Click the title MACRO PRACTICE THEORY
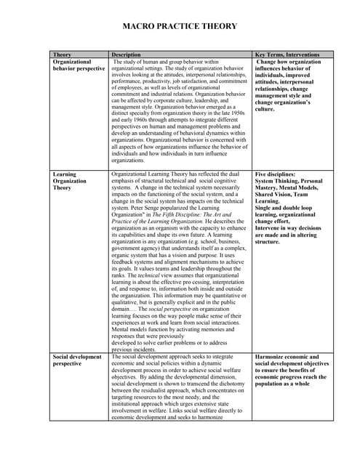pyautogui.click(x=180, y=26)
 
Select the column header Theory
pyautogui.click(x=63, y=54)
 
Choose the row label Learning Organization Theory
pyautogui.click(x=70, y=181)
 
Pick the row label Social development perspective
pyautogui.click(x=77, y=361)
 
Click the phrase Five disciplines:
pyautogui.click(x=275, y=175)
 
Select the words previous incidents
pyautogui.click(x=136, y=349)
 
